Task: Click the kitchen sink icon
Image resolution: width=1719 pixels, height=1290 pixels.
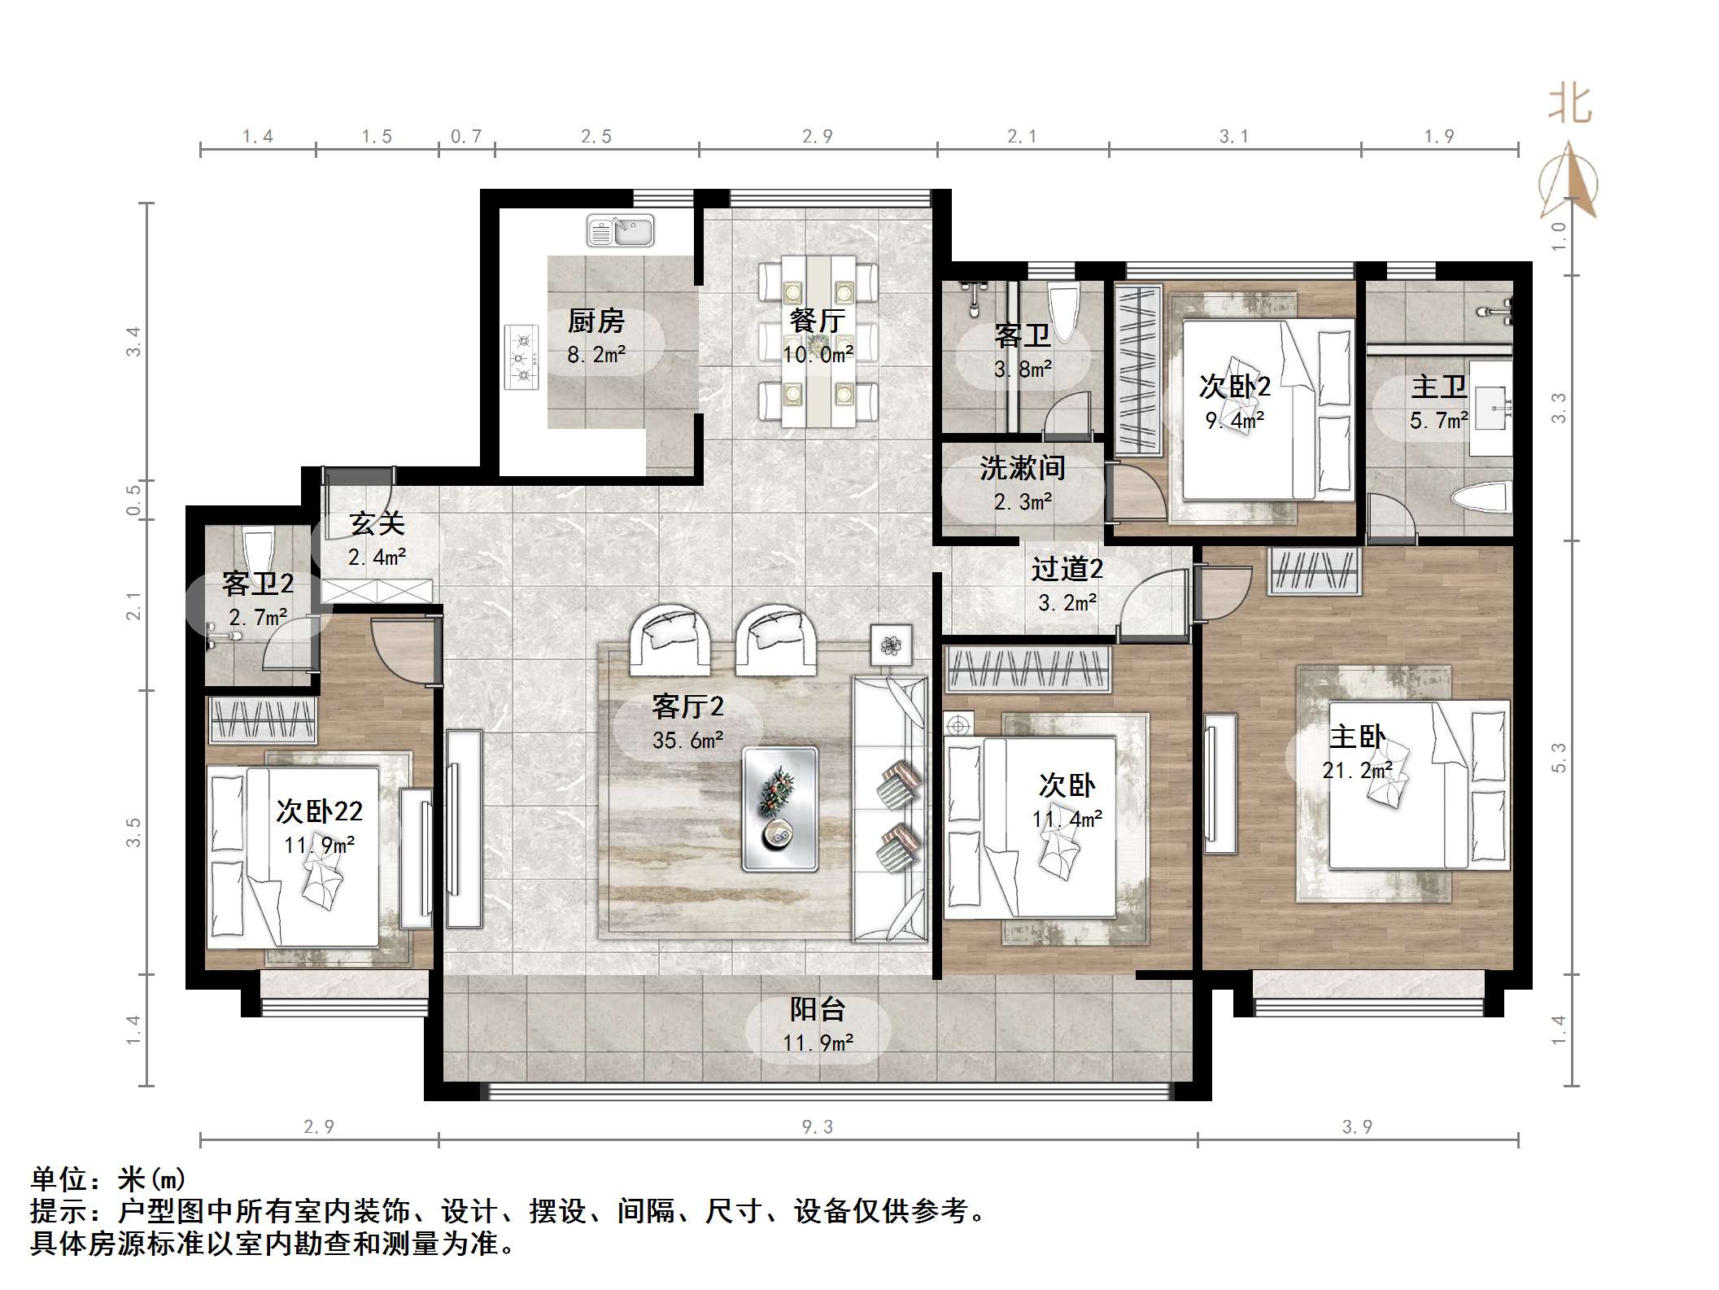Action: click(x=620, y=231)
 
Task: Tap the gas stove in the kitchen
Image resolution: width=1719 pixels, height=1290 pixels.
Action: click(x=522, y=357)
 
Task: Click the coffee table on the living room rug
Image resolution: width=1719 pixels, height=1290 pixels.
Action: click(x=779, y=809)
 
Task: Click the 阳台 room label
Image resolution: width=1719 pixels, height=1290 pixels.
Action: click(x=818, y=1009)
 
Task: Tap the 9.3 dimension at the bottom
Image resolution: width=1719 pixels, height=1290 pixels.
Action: click(x=817, y=1126)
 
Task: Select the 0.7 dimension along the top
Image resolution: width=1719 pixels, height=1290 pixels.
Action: click(x=466, y=136)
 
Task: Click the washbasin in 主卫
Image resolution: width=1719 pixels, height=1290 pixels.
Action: click(x=1491, y=407)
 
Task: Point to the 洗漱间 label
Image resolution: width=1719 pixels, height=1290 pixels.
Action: click(x=1022, y=468)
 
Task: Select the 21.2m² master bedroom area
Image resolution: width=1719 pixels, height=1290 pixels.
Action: click(x=1357, y=771)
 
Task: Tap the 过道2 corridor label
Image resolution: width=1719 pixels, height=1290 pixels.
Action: click(x=1067, y=569)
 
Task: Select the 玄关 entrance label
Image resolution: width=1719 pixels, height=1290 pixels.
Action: click(x=377, y=523)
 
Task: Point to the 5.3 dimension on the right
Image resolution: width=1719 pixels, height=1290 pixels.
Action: click(x=1558, y=757)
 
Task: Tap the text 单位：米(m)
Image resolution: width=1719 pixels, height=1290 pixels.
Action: click(x=109, y=1179)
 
